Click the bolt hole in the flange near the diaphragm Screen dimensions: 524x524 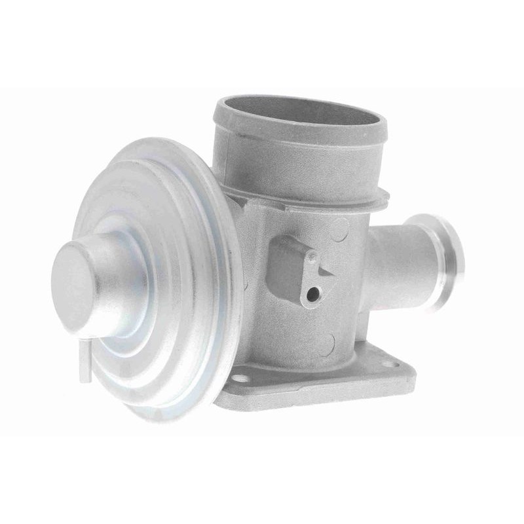click(x=243, y=379)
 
